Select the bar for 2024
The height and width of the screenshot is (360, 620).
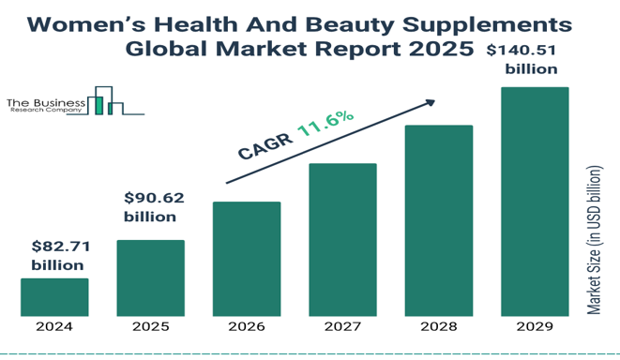54,297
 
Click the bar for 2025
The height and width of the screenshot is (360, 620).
151,278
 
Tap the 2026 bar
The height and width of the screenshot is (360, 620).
247,259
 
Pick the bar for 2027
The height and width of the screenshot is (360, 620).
342,240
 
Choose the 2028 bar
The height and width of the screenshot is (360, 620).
439,220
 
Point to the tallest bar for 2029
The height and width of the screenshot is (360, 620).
535,202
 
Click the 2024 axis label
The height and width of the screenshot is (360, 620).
54,327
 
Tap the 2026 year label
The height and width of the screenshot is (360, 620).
247,327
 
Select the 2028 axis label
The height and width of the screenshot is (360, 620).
439,327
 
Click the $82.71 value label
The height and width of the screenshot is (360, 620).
61,247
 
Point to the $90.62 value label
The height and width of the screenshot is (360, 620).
154,198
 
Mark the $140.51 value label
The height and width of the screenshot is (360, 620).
522,51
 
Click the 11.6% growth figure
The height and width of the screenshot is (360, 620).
325,124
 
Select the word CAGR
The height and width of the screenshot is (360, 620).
265,146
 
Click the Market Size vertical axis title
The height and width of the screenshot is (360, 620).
594,240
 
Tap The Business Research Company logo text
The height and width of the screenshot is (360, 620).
46,106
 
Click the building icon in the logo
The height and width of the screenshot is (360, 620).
105,100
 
